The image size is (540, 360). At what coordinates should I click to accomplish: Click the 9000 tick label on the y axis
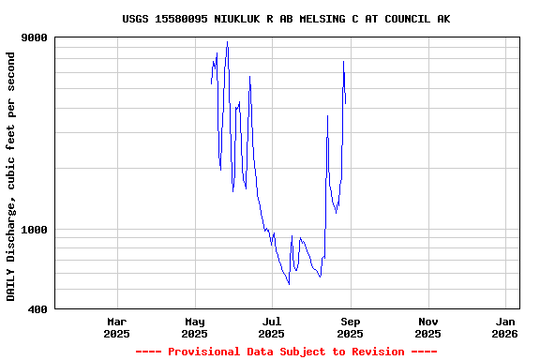pos(35,37)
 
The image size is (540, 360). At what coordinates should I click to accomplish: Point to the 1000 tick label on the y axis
pos(35,230)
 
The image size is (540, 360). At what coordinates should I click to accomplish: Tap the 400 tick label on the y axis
pos(37,308)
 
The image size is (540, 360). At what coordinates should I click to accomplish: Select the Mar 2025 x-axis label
pos(116,327)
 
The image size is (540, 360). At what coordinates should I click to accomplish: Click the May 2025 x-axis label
pos(194,327)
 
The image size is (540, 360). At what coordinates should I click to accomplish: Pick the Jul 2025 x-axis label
pos(272,327)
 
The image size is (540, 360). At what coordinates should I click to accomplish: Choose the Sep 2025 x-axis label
pos(350,327)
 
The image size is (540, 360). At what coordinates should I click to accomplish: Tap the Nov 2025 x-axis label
pos(427,327)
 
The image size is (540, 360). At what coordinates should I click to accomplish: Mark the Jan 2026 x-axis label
pos(504,327)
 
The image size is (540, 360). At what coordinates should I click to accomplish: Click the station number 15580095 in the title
pos(184,19)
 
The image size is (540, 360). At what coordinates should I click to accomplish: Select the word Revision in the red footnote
pos(378,352)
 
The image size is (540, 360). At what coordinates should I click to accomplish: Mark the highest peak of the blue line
pos(227,42)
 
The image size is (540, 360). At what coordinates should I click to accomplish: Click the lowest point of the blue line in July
pos(289,284)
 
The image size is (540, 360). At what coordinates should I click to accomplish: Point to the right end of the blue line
pos(345,103)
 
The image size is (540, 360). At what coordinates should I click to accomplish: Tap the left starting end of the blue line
pos(212,84)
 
